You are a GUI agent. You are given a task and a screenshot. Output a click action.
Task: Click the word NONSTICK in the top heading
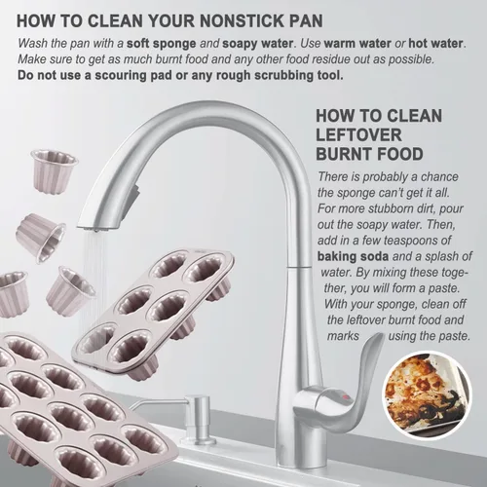coord(237,20)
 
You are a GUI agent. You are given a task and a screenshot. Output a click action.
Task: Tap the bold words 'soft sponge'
coord(162,44)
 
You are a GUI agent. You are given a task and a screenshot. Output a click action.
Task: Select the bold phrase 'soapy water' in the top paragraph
coord(257,44)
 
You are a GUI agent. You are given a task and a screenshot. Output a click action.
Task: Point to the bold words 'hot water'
coord(435,43)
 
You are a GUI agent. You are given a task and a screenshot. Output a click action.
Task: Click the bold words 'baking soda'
coord(353,256)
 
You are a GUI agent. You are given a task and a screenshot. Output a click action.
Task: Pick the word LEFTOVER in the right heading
coord(358,135)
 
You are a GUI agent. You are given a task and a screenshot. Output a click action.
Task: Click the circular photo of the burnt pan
coord(427,395)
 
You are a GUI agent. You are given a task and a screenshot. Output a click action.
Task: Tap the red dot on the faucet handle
coord(345,396)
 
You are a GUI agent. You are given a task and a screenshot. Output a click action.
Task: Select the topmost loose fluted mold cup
coord(55,169)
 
